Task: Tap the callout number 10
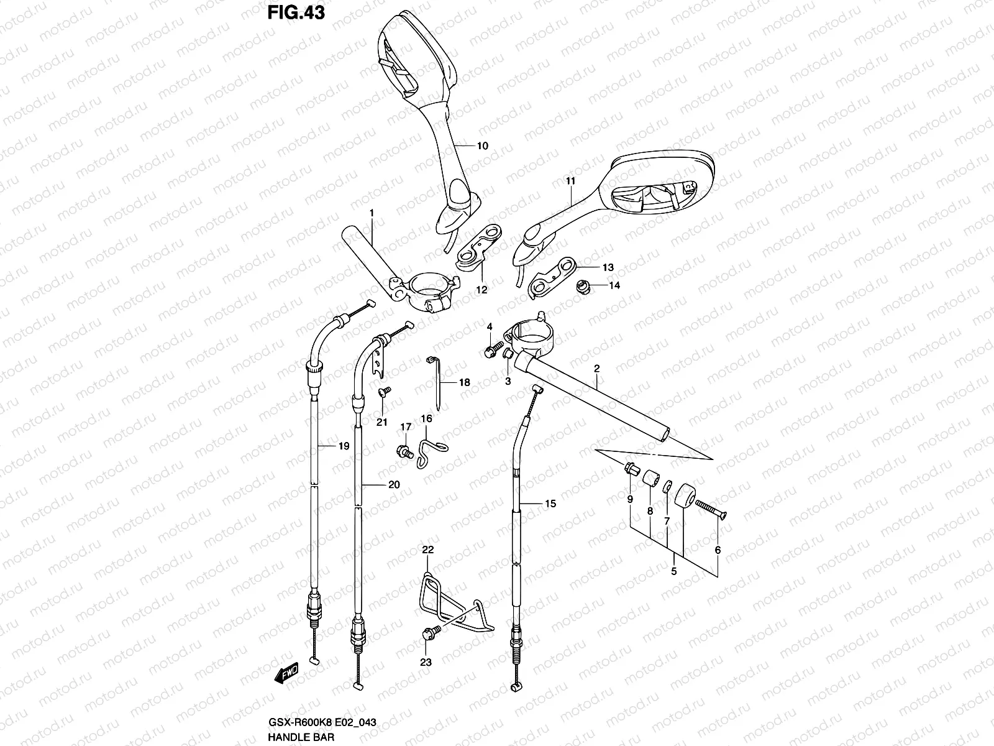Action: click(482, 146)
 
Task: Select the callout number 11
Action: click(571, 181)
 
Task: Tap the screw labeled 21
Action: click(383, 391)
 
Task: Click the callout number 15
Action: click(550, 504)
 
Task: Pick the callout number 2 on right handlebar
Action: click(596, 369)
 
